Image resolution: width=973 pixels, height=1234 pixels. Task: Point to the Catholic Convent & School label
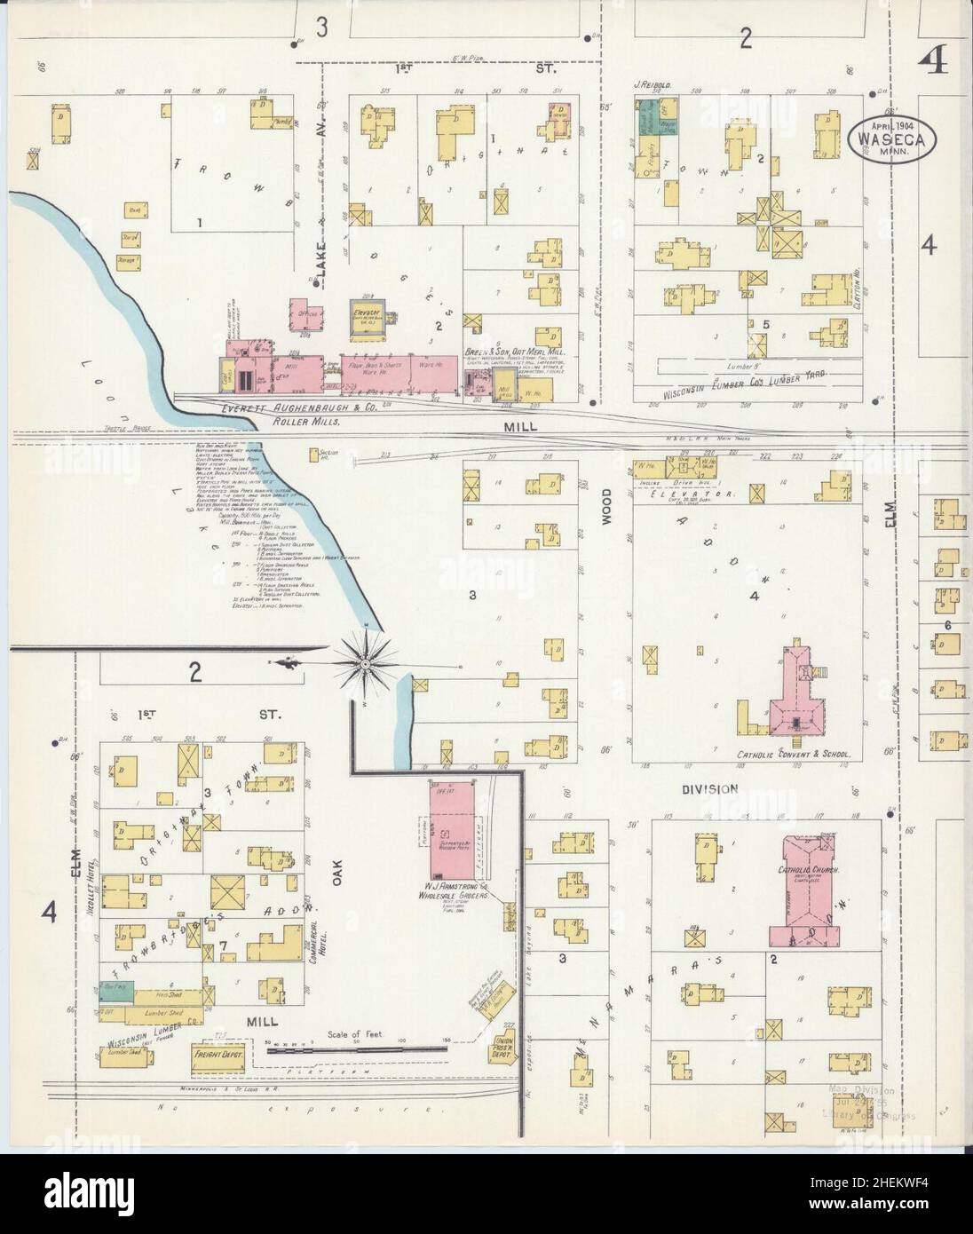coord(793,755)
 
